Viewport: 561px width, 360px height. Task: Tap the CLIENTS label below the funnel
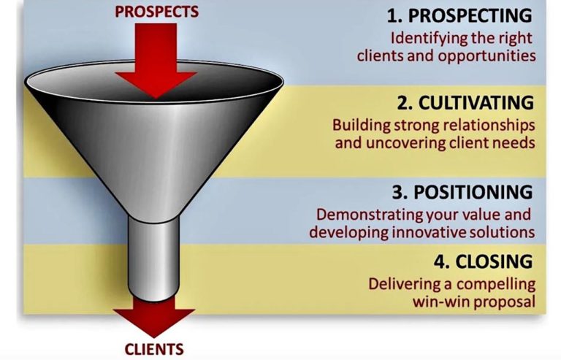153,348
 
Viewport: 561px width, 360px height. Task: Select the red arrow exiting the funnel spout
153,314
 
